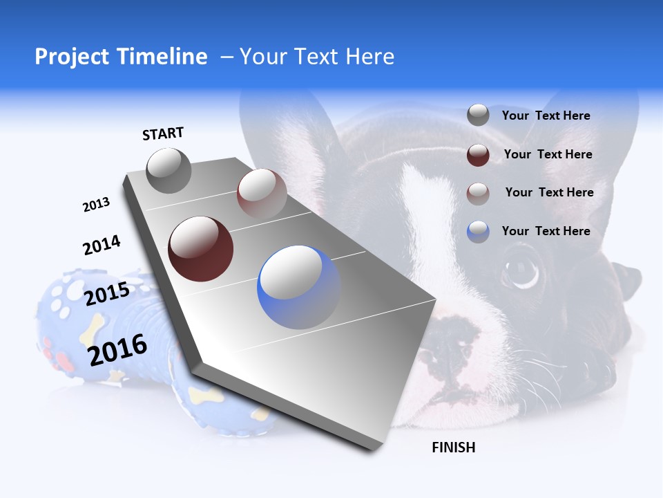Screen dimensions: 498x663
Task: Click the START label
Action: pyautogui.click(x=163, y=133)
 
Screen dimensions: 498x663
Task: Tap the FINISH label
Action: pyautogui.click(x=453, y=448)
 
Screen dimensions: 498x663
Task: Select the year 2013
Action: pyautogui.click(x=96, y=205)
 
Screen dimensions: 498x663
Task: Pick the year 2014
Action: pyautogui.click(x=102, y=246)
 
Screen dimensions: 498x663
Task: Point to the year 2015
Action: pyautogui.click(x=107, y=294)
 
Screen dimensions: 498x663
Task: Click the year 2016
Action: pyautogui.click(x=117, y=349)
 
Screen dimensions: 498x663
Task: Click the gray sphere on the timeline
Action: pyautogui.click(x=169, y=171)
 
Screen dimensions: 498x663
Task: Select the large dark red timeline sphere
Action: pyautogui.click(x=200, y=249)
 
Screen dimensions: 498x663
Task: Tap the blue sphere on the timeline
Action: pyautogui.click(x=298, y=287)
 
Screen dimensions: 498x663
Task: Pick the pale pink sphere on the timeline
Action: pyautogui.click(x=261, y=193)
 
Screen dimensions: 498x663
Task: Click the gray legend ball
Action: pyautogui.click(x=478, y=116)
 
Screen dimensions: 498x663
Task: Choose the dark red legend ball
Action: pyautogui.click(x=478, y=155)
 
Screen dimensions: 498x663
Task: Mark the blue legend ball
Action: pyautogui.click(x=478, y=232)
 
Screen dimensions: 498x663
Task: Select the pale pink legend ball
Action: pyautogui.click(x=478, y=193)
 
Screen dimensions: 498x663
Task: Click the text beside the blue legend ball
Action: pyautogui.click(x=546, y=231)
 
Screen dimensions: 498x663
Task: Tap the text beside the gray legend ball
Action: pyautogui.click(x=546, y=116)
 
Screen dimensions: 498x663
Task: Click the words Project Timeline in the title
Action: pyautogui.click(x=121, y=57)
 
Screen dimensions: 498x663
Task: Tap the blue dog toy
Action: pyautogui.click(x=104, y=325)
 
